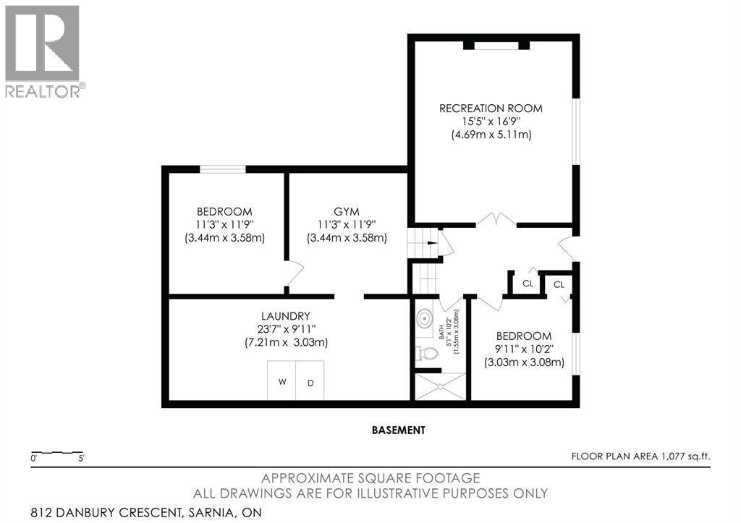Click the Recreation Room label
pos(491,109)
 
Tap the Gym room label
pos(347,212)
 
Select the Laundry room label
pos(286,315)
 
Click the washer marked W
pos(281,380)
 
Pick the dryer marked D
pos(310,380)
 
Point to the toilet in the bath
pos(425,353)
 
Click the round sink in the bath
pos(425,319)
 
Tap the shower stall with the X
pos(440,386)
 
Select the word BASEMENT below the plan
pos(399,430)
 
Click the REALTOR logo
pos(43,51)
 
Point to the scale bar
pos(57,453)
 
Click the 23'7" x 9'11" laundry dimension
pos(287,329)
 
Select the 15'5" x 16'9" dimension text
pos(491,122)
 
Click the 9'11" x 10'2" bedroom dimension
pos(524,349)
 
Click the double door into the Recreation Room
pos(496,220)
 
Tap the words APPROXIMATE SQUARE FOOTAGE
pos(370,479)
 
